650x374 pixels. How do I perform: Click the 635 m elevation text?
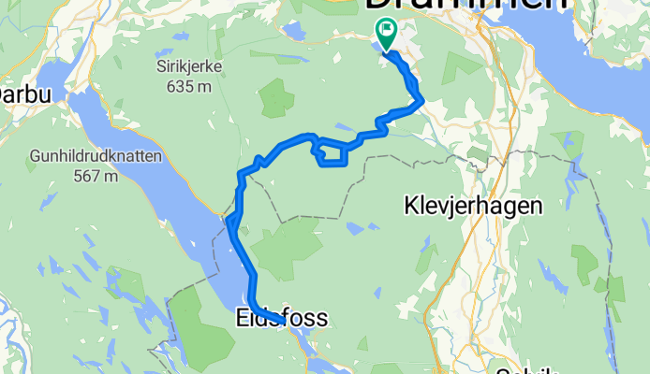point(184,86)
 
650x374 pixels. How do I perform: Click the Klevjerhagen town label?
point(473,205)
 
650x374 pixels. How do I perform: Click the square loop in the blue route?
point(333,154)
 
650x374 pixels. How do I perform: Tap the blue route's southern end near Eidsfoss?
point(282,322)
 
